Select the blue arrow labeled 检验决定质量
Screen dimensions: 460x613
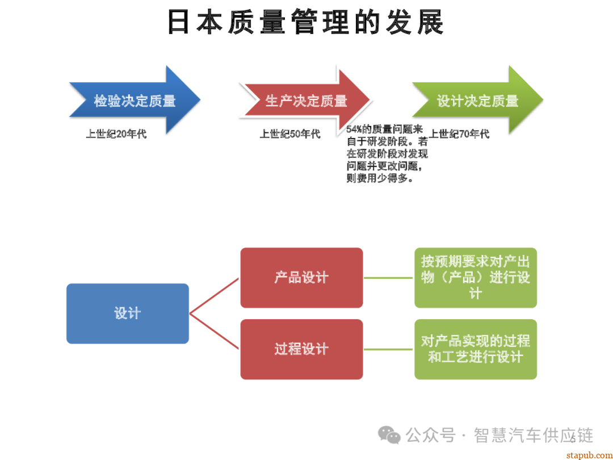tap(135, 101)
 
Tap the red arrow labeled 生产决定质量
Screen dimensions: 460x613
tap(306, 101)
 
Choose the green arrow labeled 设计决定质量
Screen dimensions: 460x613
tap(477, 101)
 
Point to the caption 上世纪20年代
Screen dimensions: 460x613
tap(116, 135)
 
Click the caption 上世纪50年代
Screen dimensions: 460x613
tap(290, 135)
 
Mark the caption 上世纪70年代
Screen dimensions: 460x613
tap(459, 135)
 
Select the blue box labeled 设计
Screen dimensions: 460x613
tap(127, 313)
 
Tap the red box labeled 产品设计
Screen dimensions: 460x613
tap(301, 278)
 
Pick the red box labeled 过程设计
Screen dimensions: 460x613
tap(301, 349)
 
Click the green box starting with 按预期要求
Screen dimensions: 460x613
tap(475, 278)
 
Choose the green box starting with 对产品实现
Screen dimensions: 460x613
tap(475, 349)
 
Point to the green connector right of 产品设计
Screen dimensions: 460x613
tap(388, 278)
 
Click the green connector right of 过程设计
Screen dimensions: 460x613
tap(388, 349)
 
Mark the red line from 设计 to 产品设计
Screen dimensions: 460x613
tap(215, 296)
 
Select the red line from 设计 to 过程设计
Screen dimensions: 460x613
tap(215, 331)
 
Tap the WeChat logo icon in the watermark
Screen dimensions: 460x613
tap(389, 435)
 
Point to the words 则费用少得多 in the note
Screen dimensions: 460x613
tap(379, 178)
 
